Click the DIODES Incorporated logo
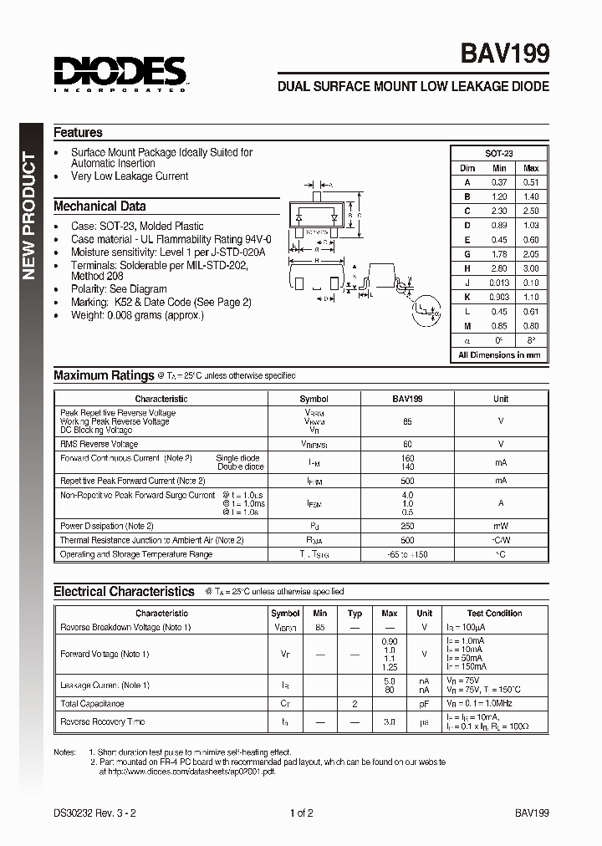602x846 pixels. click(x=120, y=74)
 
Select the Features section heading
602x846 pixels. click(x=78, y=132)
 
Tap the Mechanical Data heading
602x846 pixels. click(x=99, y=206)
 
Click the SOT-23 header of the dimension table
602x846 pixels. click(x=499, y=154)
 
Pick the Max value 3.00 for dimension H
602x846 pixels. click(x=530, y=268)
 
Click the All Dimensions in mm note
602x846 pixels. click(x=499, y=354)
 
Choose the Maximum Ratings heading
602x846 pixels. click(x=104, y=376)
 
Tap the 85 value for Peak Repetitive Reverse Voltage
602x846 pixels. click(x=407, y=421)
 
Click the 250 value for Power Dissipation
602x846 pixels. click(x=407, y=526)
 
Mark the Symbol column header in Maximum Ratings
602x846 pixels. click(x=314, y=399)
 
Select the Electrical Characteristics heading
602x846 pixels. click(x=124, y=591)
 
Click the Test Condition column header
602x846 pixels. click(x=495, y=613)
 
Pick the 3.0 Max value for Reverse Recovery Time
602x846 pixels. click(x=390, y=721)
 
